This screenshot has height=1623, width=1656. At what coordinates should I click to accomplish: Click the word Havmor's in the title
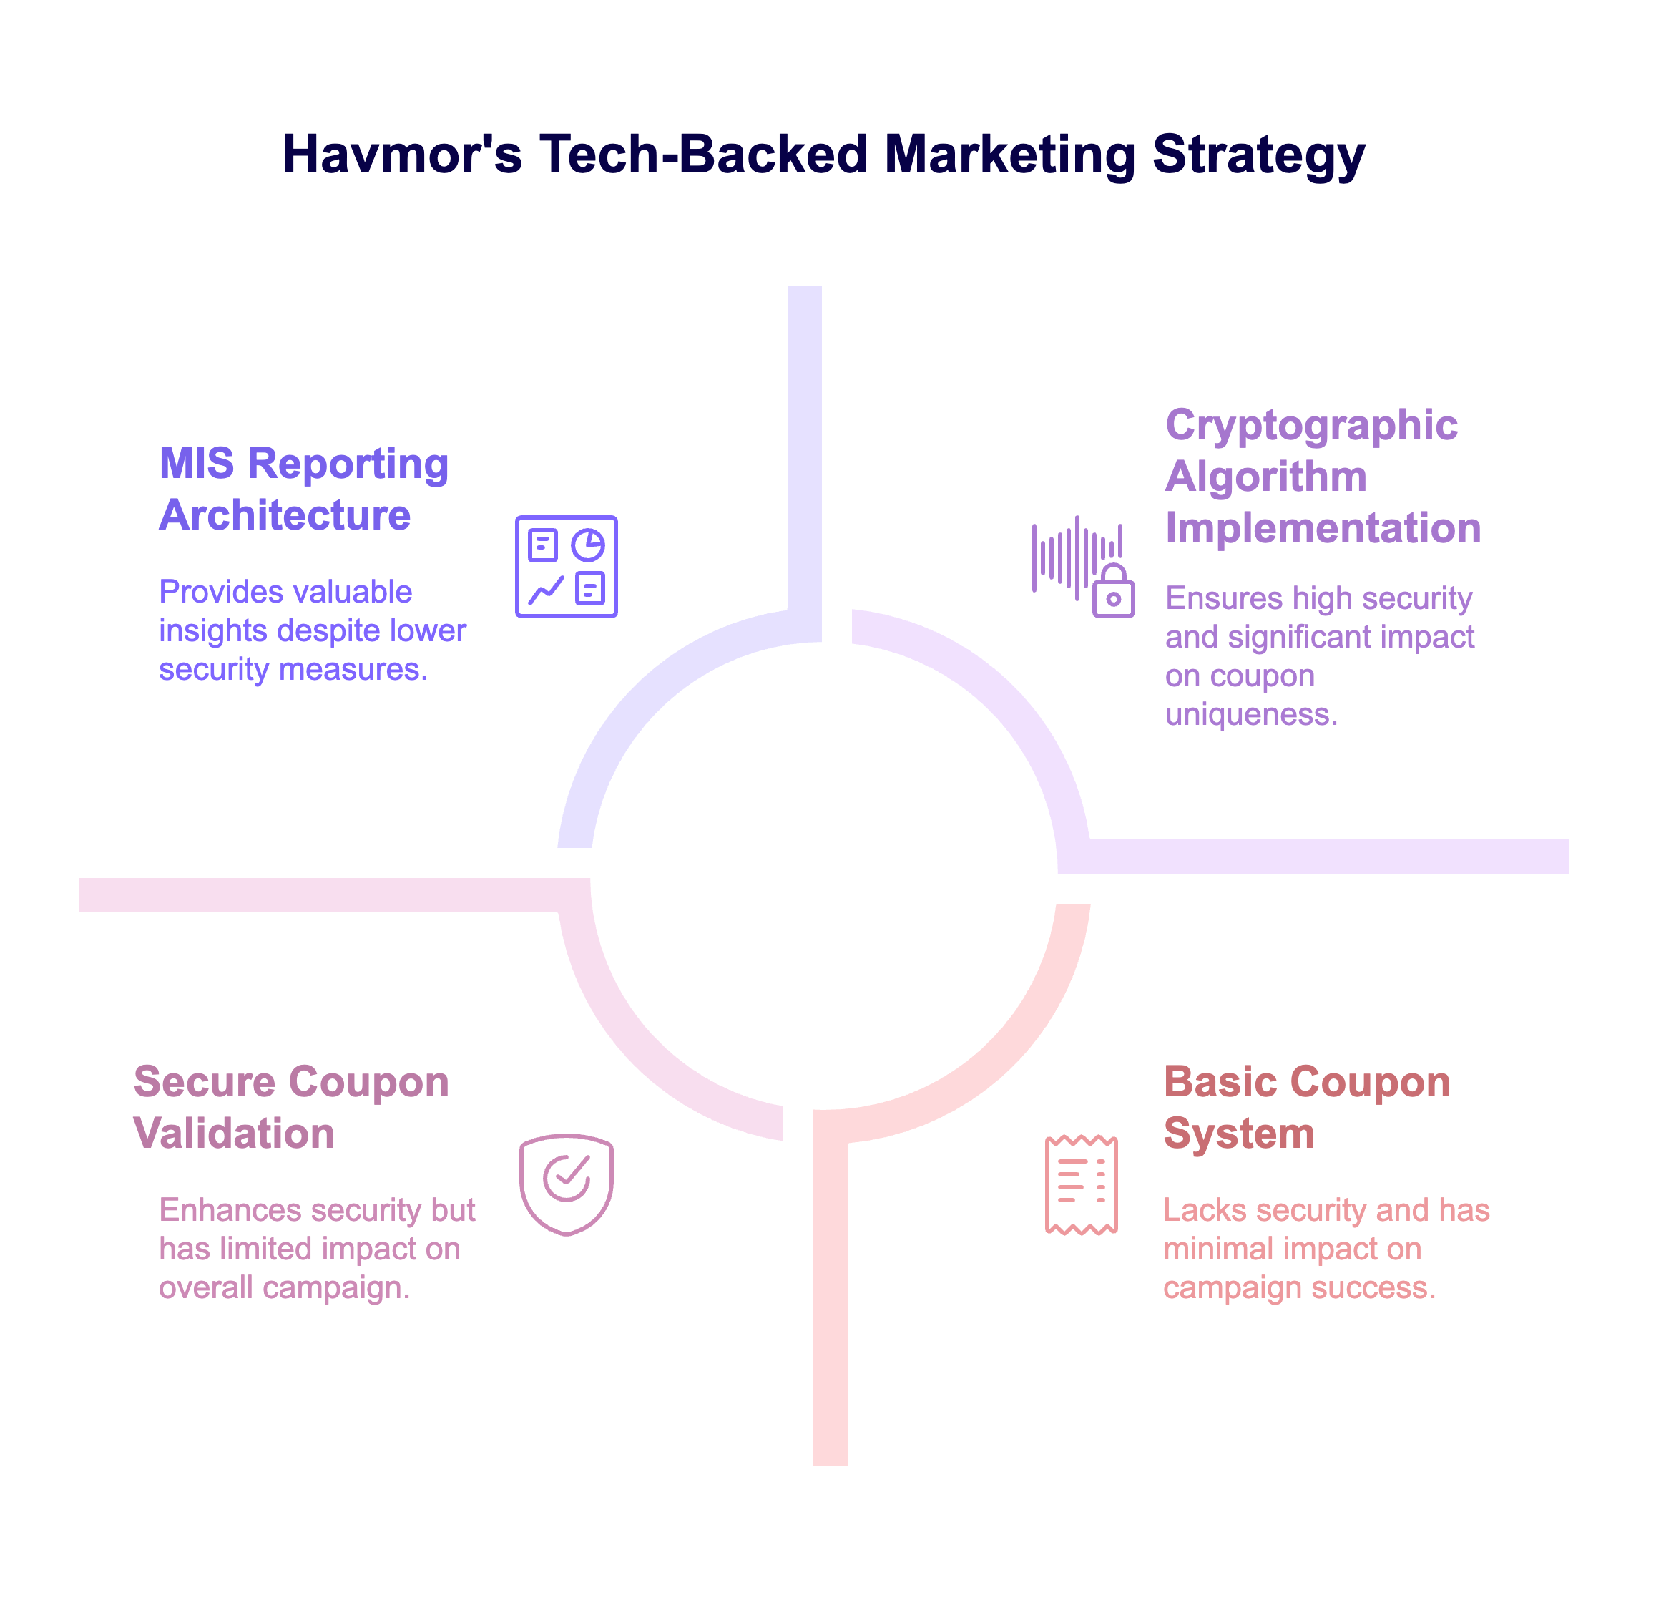[x=401, y=155]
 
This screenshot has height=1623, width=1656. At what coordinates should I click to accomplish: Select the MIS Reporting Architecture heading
[x=304, y=489]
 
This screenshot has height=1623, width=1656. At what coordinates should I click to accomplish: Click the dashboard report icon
[x=566, y=567]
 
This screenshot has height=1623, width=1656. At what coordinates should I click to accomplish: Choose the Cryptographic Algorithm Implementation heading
[x=1323, y=477]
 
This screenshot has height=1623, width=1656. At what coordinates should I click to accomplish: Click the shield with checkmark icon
[x=566, y=1185]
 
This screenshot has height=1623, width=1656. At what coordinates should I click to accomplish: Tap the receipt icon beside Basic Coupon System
[x=1081, y=1185]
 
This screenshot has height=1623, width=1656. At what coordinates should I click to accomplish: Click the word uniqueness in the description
[x=1251, y=714]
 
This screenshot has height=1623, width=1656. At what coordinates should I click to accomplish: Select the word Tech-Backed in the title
[x=703, y=155]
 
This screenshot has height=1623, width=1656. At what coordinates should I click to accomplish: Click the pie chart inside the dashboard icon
[x=588, y=545]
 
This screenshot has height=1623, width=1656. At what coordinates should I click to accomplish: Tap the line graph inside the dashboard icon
[x=546, y=590]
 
